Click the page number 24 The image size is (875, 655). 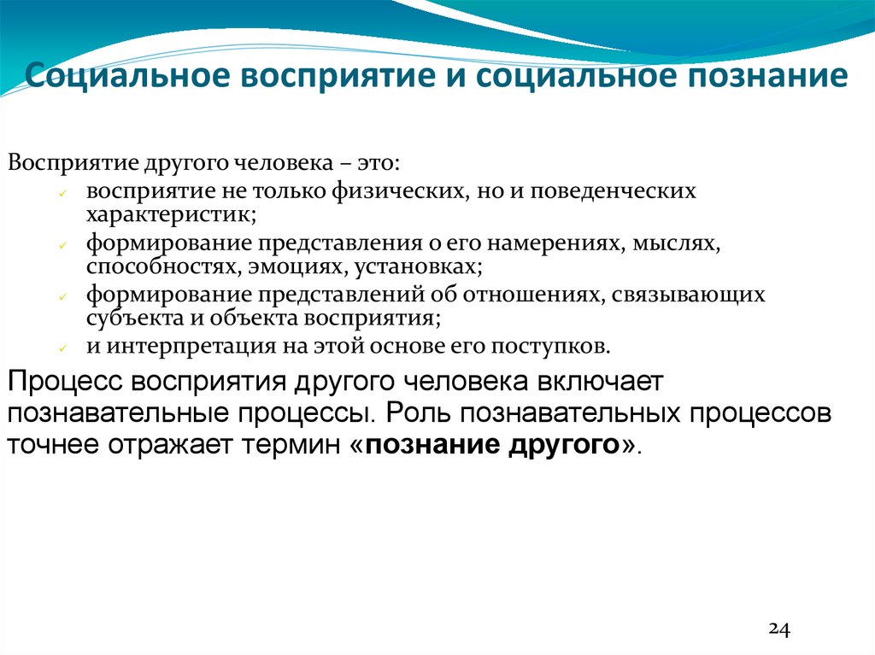(779, 629)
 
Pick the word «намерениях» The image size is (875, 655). (561, 244)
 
